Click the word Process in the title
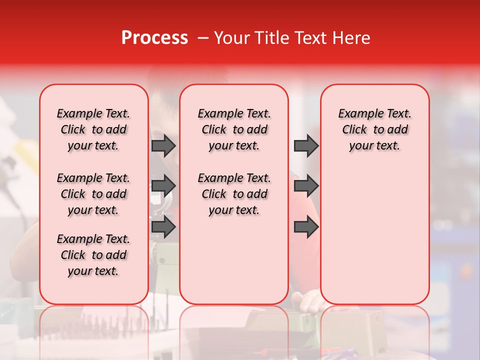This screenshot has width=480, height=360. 154,38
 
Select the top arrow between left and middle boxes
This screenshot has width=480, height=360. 163,145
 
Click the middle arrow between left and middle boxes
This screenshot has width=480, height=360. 163,186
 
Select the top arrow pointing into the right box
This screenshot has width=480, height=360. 306,145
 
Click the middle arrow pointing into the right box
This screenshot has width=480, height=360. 306,186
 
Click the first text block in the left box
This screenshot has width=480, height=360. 93,129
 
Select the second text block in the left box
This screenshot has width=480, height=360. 93,194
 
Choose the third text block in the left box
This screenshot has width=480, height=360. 93,255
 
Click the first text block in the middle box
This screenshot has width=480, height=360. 234,129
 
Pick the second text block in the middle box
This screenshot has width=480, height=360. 234,194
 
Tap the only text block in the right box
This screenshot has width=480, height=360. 374,129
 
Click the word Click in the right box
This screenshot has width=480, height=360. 354,129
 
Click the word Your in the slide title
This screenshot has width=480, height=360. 231,38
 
